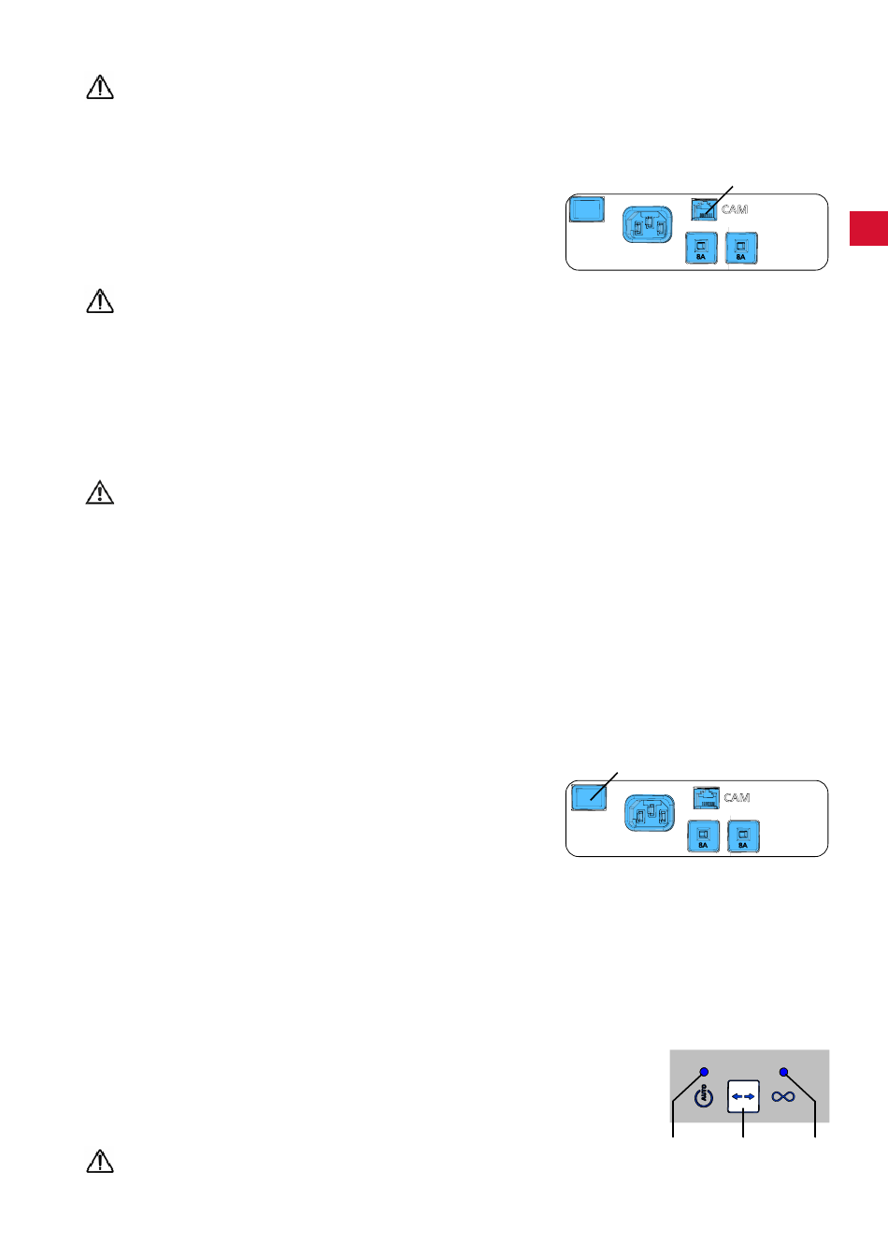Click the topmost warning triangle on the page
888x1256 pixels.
(100, 88)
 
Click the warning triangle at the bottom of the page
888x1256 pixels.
(100, 1161)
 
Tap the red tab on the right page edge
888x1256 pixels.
(868, 229)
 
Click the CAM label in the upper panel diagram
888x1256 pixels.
(735, 209)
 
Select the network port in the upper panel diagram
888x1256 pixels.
(704, 209)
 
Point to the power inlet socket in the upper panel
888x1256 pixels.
(648, 225)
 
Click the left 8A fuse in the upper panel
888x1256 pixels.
(701, 249)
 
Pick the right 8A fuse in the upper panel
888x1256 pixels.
(741, 249)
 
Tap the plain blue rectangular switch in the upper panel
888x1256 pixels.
(587, 208)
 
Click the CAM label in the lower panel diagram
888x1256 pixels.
(737, 798)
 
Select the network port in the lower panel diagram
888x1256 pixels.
(706, 798)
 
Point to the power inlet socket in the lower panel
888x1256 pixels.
(650, 814)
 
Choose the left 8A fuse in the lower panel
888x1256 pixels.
(703, 837)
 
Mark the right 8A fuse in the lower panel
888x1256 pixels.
(743, 837)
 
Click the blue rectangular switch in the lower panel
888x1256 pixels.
(589, 797)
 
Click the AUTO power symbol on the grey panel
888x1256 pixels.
(704, 1096)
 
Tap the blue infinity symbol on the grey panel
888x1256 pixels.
(783, 1096)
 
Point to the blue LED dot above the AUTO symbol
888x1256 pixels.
(704, 1072)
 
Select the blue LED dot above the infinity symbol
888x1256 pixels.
(783, 1072)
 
